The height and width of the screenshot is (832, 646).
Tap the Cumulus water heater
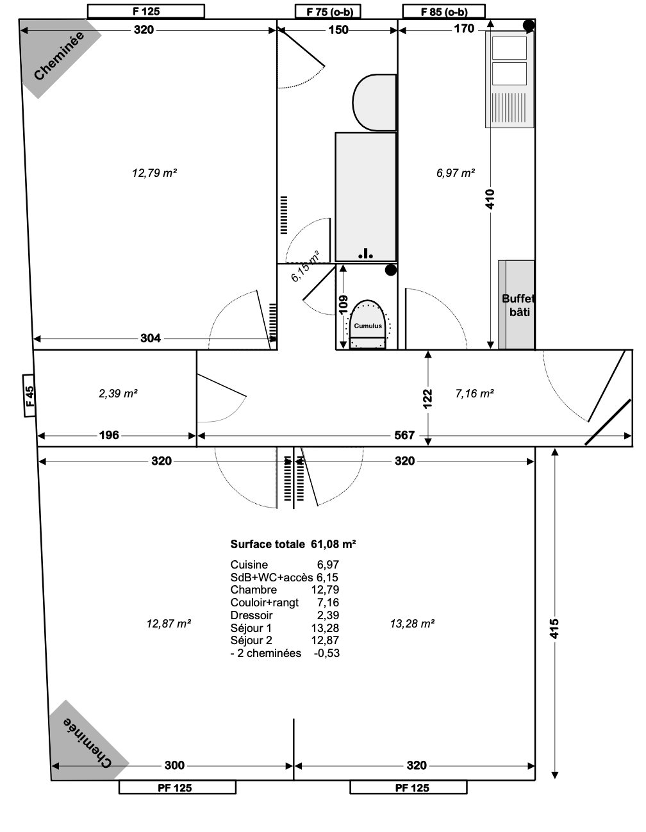coord(368,326)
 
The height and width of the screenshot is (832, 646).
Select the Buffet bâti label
coord(518,305)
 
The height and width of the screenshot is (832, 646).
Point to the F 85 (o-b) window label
coord(444,12)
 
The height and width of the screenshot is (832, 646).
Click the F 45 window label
coord(29,395)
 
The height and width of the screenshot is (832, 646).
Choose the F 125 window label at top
coord(145,12)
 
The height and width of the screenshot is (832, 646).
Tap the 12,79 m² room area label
coord(154,172)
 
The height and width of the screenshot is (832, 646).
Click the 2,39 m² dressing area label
coord(118,394)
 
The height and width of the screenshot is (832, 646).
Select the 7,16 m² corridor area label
coord(474,394)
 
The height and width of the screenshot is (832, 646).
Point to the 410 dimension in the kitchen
coord(490,200)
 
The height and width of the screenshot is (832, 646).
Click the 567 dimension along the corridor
coord(404,435)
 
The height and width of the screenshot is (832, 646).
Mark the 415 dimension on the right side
coord(554,629)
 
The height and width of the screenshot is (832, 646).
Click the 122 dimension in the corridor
coord(428,398)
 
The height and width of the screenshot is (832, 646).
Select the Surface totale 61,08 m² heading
coord(293,544)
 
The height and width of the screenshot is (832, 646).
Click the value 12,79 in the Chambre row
coord(326,590)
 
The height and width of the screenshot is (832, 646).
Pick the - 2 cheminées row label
coord(265,653)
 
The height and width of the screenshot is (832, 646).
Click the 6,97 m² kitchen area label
coord(455,172)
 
